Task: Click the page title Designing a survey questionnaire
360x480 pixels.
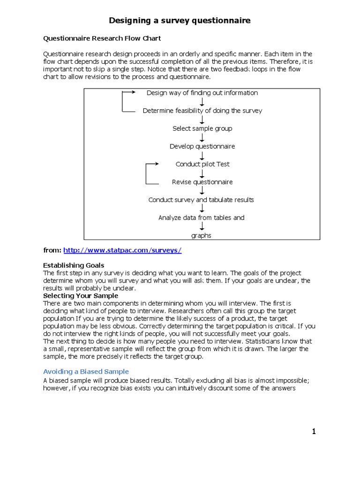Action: tap(180, 21)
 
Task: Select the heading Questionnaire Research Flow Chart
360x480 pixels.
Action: tap(102, 38)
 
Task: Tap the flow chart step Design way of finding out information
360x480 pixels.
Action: tap(202, 93)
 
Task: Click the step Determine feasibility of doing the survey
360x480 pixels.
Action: tap(202, 111)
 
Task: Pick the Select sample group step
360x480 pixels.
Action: tap(202, 128)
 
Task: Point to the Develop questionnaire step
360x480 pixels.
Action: tap(202, 146)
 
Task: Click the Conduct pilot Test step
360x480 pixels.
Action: tap(202, 164)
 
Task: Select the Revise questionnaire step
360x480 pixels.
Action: tap(202, 182)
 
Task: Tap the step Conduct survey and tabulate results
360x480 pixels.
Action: tap(201, 200)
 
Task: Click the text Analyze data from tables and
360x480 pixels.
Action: tap(201, 217)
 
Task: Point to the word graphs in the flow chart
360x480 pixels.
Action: tap(201, 235)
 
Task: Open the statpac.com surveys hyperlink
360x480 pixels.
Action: tap(122, 250)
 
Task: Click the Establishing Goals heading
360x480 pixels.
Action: tap(74, 265)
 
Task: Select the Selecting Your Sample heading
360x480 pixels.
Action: tap(81, 296)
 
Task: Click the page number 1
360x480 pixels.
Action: tap(314, 431)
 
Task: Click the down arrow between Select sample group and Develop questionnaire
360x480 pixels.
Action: tap(202, 137)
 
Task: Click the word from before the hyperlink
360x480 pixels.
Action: tap(52, 250)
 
